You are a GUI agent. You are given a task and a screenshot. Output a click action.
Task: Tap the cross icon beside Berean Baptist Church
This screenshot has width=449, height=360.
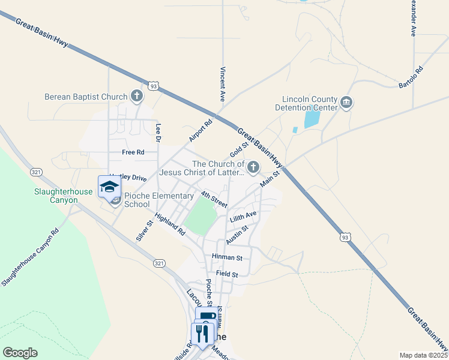coord(137,96)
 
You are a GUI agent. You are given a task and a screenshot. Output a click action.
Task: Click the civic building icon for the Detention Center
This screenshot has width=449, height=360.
coord(346,103)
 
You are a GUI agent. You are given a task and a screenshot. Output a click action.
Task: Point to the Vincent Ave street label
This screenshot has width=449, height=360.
coord(223,83)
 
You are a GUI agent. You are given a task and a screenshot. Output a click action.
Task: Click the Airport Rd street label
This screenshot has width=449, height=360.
coord(201,131)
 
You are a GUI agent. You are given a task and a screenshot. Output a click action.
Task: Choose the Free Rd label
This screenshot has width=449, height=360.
coord(133,152)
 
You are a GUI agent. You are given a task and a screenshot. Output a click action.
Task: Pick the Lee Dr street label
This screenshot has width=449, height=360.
coord(158,133)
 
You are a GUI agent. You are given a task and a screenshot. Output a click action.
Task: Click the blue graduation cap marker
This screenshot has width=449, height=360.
coord(109,187)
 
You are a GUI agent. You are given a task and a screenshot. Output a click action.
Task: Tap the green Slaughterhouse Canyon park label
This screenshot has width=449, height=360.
coord(63,196)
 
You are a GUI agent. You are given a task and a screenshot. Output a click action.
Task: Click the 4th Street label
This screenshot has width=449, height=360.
coord(214,199)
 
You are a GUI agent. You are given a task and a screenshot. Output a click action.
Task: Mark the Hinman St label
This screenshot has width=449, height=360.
coord(226,257)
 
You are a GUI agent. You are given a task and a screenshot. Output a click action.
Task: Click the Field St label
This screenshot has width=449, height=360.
coord(227,274)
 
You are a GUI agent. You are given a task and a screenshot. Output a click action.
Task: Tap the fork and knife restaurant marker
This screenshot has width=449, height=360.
coord(202,333)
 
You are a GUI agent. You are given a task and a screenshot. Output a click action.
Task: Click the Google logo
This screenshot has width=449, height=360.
coord(20,353)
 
